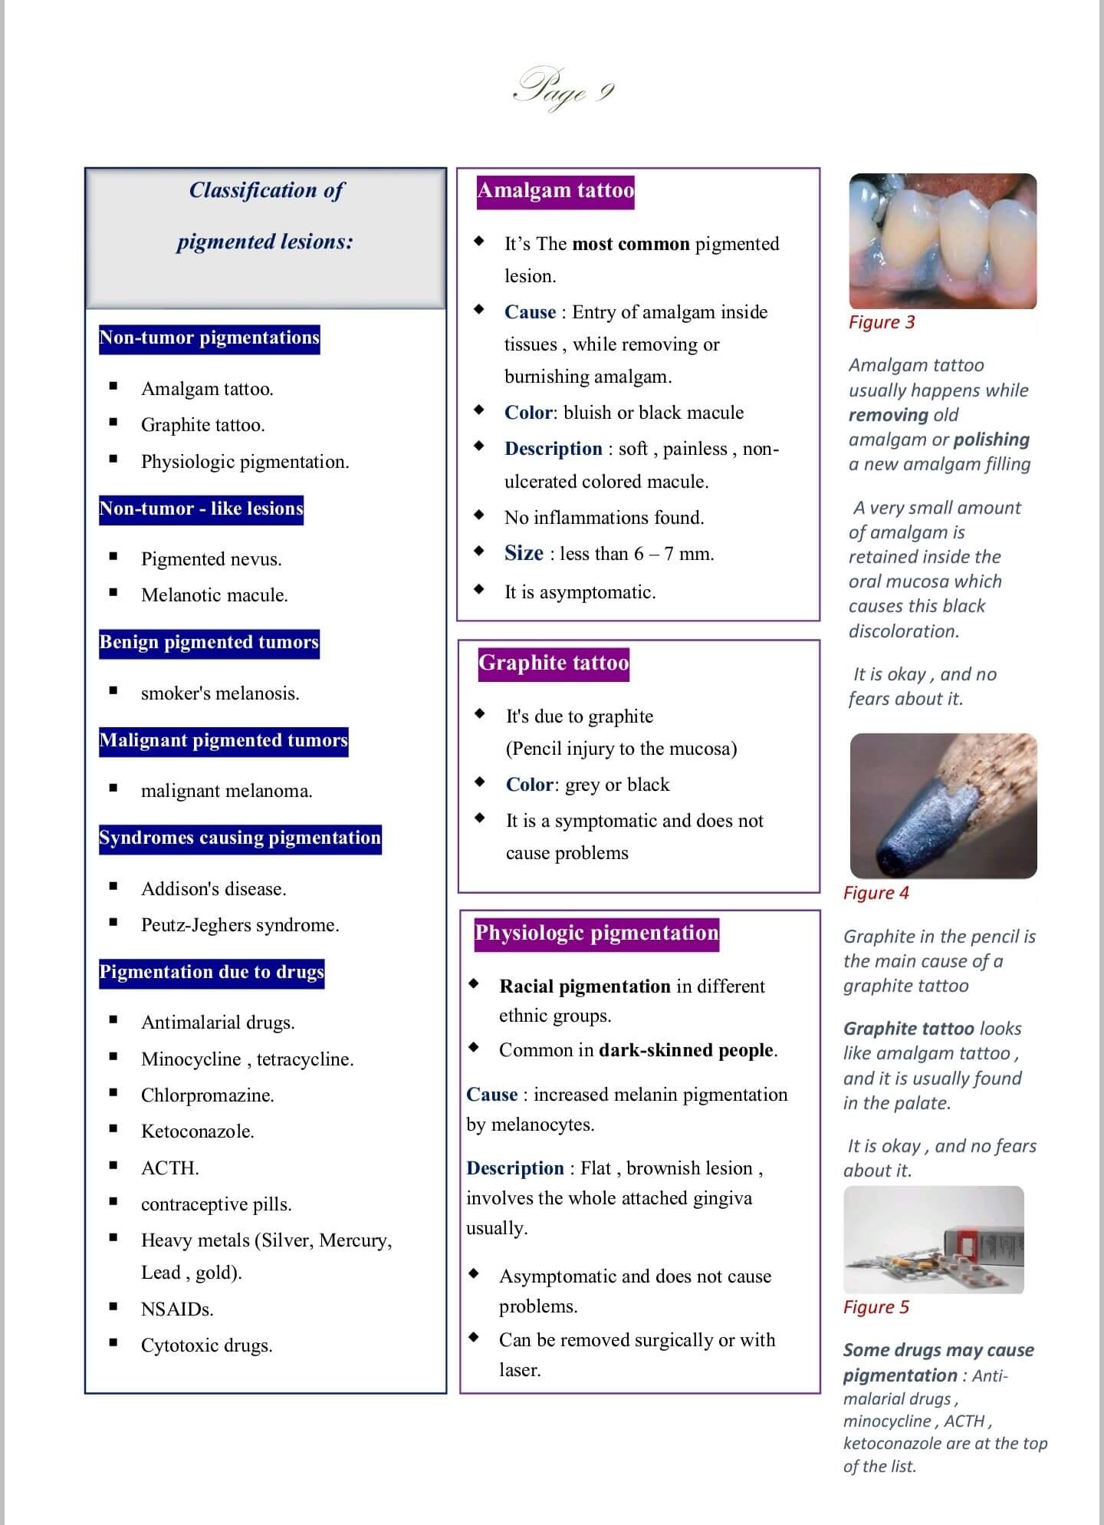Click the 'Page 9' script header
563,90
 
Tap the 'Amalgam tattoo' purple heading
555,190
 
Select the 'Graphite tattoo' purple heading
554,663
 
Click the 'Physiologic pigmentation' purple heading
596,933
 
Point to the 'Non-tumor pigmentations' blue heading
209,338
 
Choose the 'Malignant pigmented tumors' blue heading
223,741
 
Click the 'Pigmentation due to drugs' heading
212,973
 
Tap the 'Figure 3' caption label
882,322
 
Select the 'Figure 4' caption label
876,893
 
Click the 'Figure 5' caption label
876,1307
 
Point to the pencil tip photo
943,805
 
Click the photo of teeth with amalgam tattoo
942,241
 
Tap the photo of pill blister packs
933,1240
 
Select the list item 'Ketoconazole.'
198,1131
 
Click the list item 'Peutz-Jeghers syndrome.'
240,925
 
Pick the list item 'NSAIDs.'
177,1309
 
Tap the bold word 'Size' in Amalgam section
524,553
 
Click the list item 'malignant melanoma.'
227,791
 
